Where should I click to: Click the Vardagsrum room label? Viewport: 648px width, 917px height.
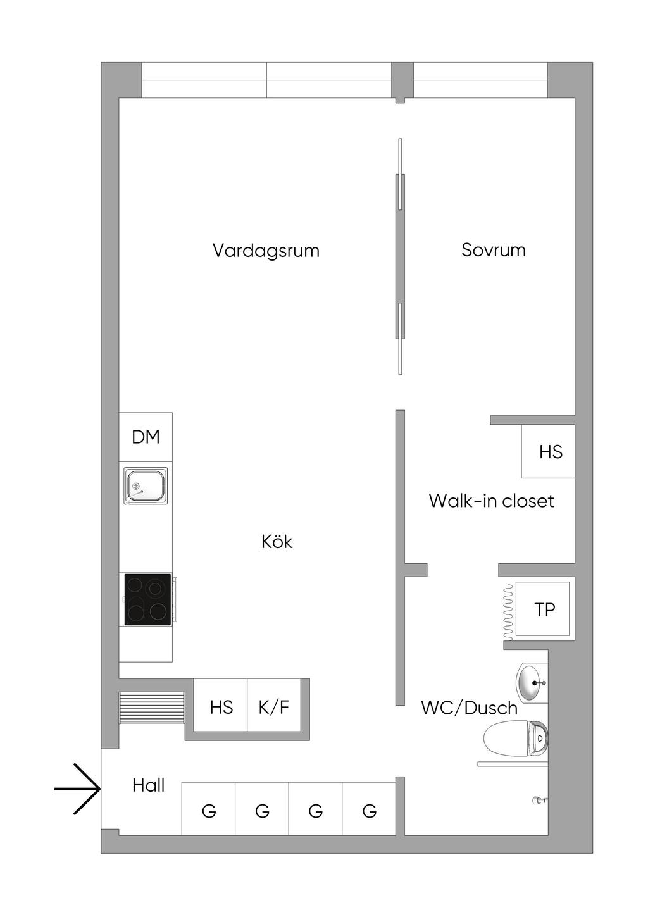(x=266, y=251)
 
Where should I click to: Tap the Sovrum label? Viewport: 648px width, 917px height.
(x=494, y=250)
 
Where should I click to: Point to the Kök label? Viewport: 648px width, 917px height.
(x=277, y=542)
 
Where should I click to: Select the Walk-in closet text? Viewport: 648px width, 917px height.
(x=491, y=501)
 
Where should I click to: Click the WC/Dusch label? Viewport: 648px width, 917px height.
(x=469, y=708)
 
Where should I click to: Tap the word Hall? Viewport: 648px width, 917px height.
(x=148, y=785)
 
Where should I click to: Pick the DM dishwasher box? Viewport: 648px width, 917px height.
(x=146, y=437)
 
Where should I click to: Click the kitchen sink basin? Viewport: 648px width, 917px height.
(x=146, y=486)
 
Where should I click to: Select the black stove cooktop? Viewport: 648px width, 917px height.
(x=148, y=599)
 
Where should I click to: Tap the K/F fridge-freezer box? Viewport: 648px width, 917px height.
(x=273, y=706)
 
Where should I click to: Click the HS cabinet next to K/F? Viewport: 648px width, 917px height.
(x=221, y=706)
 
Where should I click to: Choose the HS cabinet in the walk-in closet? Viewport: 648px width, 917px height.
(x=550, y=451)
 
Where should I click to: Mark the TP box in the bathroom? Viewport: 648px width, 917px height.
(x=544, y=609)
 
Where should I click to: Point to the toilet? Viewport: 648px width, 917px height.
(x=516, y=738)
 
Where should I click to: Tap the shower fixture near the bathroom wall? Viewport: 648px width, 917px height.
(x=539, y=801)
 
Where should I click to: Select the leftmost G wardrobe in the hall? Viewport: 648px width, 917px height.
(x=209, y=810)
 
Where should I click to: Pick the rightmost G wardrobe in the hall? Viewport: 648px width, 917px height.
(x=369, y=810)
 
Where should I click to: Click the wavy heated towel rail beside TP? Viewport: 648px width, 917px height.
(x=508, y=611)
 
